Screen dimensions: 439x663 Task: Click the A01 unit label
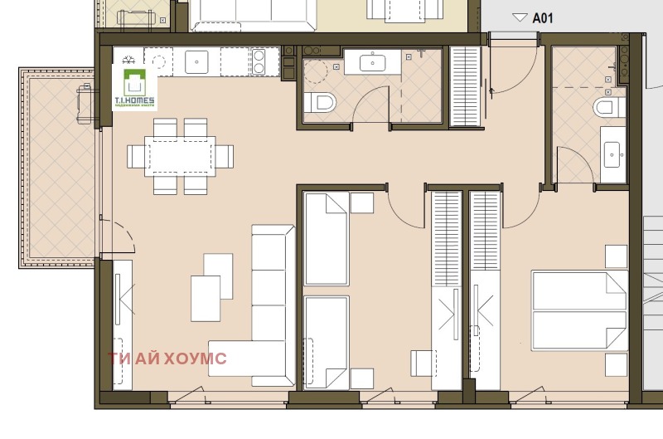click(x=543, y=17)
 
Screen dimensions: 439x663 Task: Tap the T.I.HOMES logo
click(x=133, y=89)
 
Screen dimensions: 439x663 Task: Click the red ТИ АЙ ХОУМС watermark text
click(x=167, y=359)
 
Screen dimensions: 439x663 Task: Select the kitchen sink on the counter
click(x=196, y=60)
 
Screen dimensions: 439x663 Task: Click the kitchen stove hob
click(x=264, y=60)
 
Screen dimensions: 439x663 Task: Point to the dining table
click(x=180, y=156)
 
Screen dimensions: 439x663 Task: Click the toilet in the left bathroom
click(x=320, y=103)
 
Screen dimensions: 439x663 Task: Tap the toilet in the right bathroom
click(x=607, y=107)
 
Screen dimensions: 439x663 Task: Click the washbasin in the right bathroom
click(x=613, y=152)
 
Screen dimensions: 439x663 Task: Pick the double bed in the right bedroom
click(x=578, y=310)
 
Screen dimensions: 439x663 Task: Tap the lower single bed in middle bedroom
click(x=326, y=342)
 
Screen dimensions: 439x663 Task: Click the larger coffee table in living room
click(x=205, y=297)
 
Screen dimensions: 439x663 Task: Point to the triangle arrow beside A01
click(x=520, y=17)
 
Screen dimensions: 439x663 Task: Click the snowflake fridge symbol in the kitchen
click(x=128, y=60)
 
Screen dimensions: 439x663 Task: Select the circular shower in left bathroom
click(x=317, y=73)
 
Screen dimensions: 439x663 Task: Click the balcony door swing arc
click(x=120, y=237)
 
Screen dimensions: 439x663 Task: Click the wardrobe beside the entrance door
click(x=465, y=87)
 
